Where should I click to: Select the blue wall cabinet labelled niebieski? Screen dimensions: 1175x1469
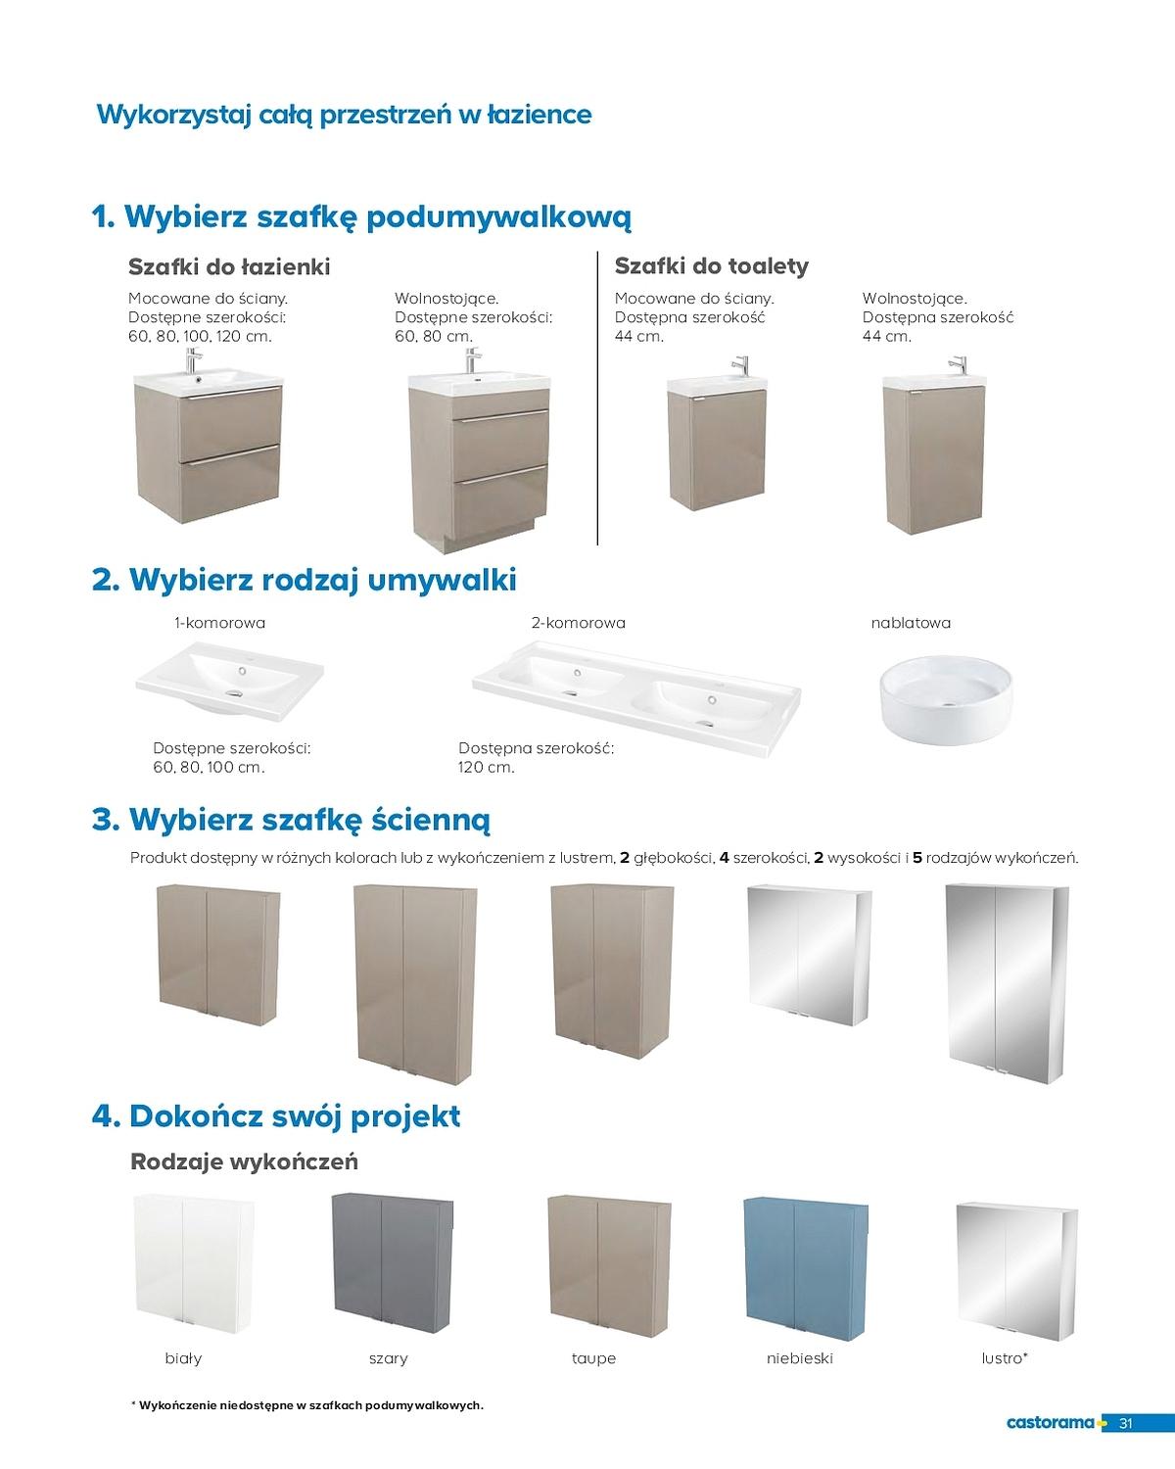point(805,1271)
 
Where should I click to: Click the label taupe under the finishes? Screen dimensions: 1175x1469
point(593,1358)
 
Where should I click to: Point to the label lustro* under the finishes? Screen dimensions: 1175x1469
point(1005,1357)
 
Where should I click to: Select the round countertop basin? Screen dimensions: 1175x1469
point(946,700)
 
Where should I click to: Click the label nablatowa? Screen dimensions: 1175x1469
point(911,623)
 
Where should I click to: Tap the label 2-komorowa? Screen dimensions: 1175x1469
point(579,623)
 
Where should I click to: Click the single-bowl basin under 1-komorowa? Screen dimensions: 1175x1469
point(229,683)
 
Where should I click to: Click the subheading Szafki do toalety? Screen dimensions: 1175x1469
point(712,265)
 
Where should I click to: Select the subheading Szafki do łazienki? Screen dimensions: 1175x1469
point(229,266)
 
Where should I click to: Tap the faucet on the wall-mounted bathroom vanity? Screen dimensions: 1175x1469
point(193,360)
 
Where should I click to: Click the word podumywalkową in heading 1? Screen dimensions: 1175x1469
point(499,217)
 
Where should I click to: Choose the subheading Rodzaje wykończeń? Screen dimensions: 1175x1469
point(245,1161)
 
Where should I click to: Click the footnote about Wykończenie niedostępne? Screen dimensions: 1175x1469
point(306,1405)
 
